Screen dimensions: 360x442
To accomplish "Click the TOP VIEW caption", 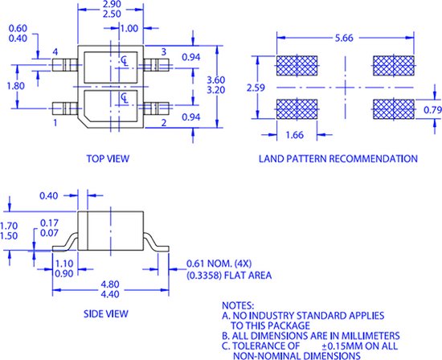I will pos(108,159).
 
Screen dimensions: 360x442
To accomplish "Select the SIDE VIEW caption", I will pos(108,316).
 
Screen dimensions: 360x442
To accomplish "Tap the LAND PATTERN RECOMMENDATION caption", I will pos(338,159).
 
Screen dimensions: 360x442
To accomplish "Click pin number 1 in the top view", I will pos(55,124).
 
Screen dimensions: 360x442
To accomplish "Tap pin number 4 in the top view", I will pos(55,51).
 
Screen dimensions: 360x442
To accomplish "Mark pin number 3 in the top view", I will pos(163,51).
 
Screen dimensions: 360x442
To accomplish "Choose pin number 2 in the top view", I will pos(163,123).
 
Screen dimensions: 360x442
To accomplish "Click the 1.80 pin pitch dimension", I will pos(14,85).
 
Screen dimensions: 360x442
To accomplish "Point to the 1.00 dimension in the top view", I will pos(128,27).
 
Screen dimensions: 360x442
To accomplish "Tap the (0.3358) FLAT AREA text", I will pos(228,275).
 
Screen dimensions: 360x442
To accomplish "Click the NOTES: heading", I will pos(239,305).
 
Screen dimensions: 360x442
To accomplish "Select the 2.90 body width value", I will pos(113,5).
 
